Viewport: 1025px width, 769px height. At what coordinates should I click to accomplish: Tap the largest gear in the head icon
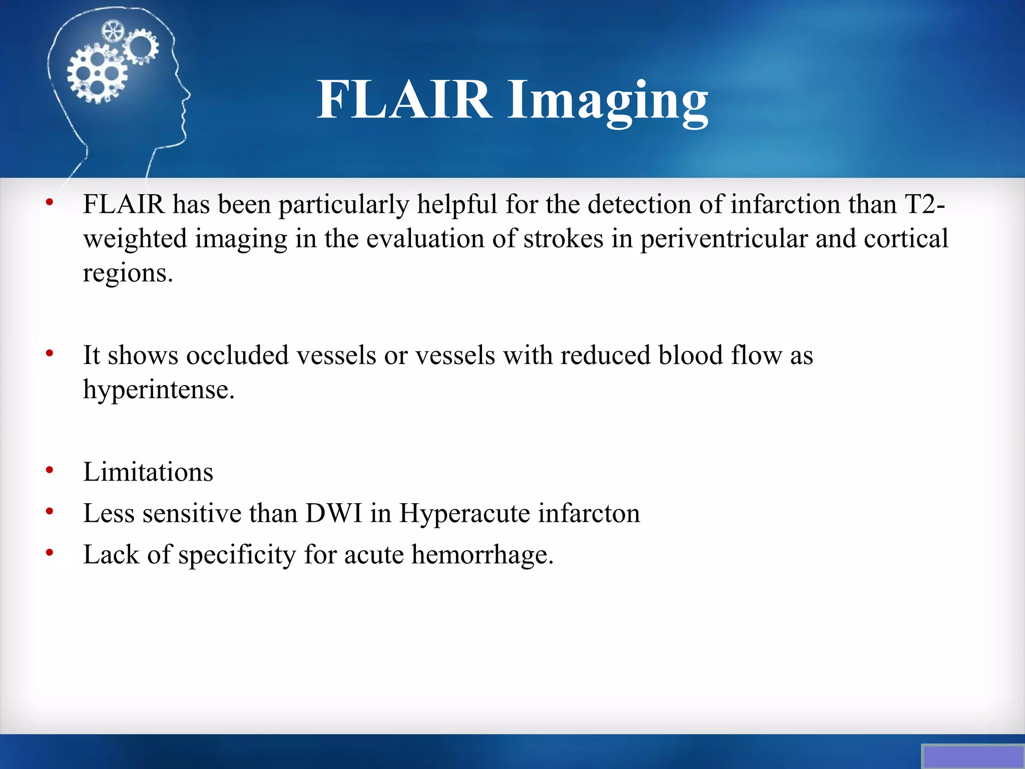click(x=97, y=74)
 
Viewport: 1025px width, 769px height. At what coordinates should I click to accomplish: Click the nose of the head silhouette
click(x=187, y=94)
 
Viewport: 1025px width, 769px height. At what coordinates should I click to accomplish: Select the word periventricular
click(x=724, y=239)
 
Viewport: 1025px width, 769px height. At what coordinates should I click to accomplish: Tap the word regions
click(x=128, y=273)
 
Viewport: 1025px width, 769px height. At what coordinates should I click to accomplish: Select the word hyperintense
click(x=158, y=390)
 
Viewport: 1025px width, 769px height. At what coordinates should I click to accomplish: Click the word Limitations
click(x=148, y=472)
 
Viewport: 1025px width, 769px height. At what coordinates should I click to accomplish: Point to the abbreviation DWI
click(x=333, y=513)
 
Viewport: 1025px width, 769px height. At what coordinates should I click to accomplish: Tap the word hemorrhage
click(x=482, y=555)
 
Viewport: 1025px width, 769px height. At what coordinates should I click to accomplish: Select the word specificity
click(x=237, y=555)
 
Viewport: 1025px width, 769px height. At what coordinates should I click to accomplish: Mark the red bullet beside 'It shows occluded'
click(x=50, y=354)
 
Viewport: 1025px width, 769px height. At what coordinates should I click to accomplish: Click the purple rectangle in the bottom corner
click(x=972, y=756)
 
